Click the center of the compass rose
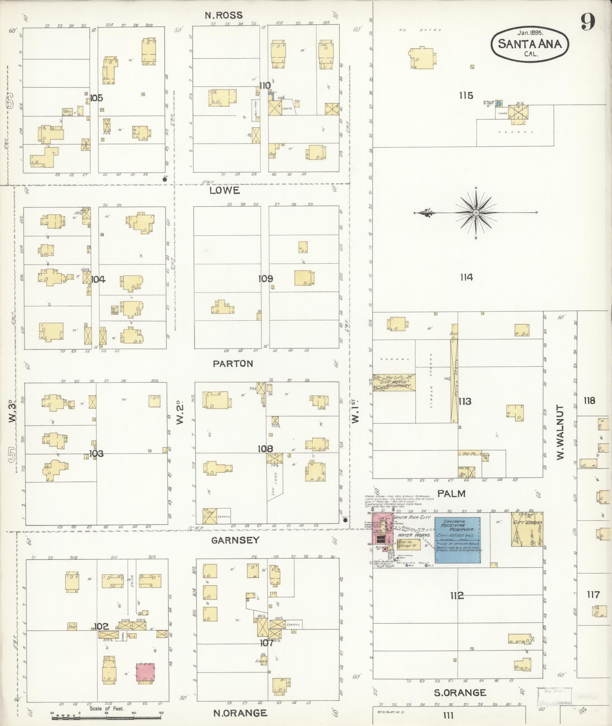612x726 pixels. pyautogui.click(x=475, y=213)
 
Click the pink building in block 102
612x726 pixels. pyautogui.click(x=145, y=672)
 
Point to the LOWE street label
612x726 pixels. pyautogui.click(x=225, y=191)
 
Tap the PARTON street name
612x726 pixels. pyautogui.click(x=233, y=364)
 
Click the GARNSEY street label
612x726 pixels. pyautogui.click(x=235, y=540)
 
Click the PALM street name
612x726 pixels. pyautogui.click(x=451, y=493)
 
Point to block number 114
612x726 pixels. pyautogui.click(x=466, y=277)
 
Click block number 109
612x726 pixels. pyautogui.click(x=265, y=279)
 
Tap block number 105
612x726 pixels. pyautogui.click(x=96, y=98)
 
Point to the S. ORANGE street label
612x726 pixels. pyautogui.click(x=460, y=693)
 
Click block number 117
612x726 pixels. pyautogui.click(x=593, y=595)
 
